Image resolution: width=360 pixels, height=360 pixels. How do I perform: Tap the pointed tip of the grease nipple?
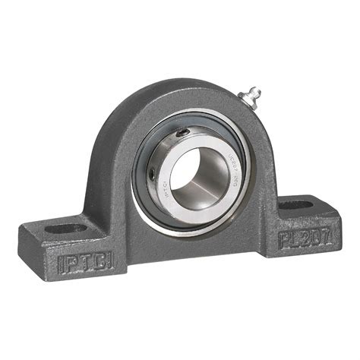[259, 90]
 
